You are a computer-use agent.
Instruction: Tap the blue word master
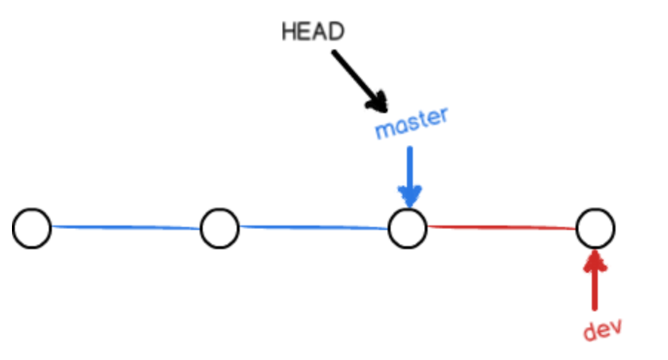coord(411,124)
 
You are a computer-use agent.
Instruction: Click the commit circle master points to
coord(408,228)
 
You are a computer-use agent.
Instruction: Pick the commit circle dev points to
coord(595,229)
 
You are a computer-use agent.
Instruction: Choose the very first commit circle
coord(32,228)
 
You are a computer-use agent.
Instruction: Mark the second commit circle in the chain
coord(220,228)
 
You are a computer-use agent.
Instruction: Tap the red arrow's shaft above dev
coord(595,288)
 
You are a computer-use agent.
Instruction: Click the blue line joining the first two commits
coord(126,228)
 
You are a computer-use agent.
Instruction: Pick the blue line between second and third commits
coord(314,228)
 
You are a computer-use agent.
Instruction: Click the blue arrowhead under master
coord(409,196)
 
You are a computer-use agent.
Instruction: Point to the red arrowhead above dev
coord(595,259)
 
